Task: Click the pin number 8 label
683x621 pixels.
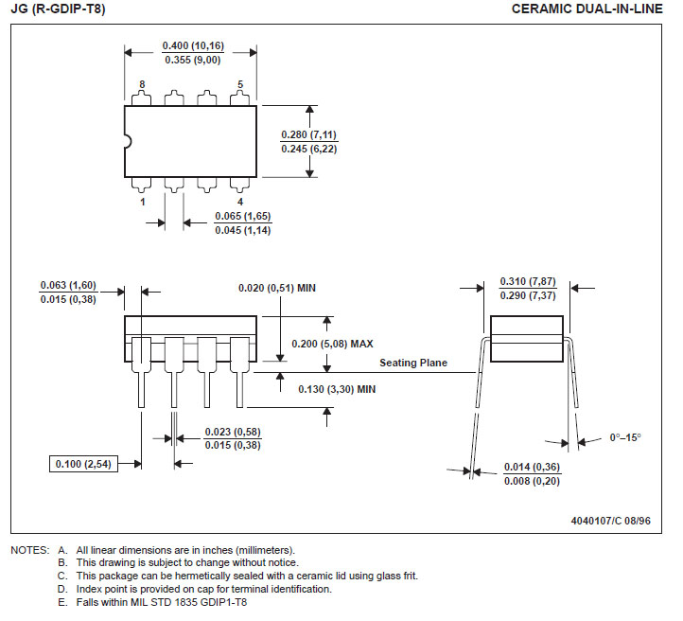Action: pos(142,84)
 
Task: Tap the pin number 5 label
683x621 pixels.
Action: pos(240,84)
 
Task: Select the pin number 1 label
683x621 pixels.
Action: pos(142,202)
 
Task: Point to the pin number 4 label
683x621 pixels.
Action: pos(240,202)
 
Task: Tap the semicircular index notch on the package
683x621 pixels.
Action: pos(129,141)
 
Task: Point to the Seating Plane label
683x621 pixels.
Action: pos(413,363)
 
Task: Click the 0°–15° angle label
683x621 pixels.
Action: pos(625,437)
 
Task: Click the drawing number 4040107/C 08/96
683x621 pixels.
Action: pos(611,521)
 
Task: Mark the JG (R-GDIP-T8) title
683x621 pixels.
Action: pos(58,9)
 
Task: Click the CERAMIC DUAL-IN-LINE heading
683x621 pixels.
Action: pos(587,9)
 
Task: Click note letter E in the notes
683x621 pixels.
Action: pos(62,602)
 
